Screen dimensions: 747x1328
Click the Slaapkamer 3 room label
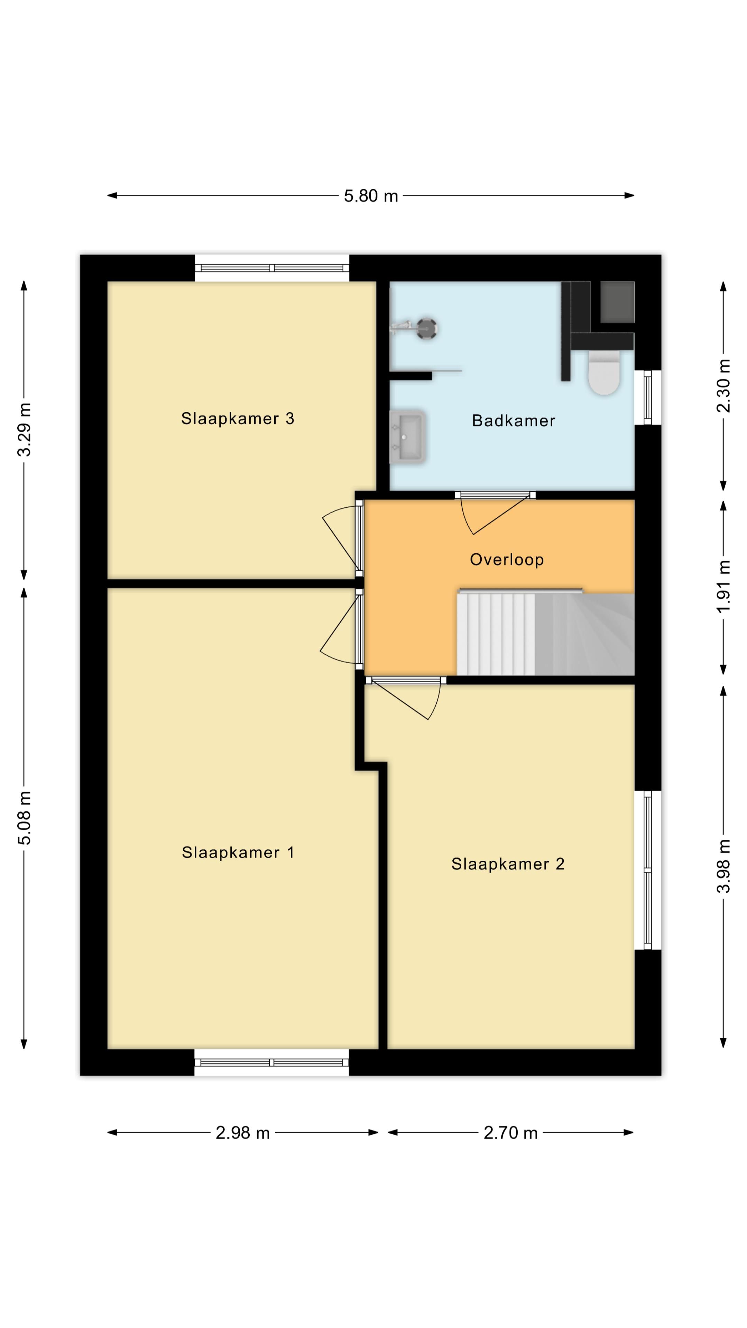pyautogui.click(x=238, y=418)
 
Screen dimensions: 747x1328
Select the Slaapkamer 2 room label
pyautogui.click(x=508, y=864)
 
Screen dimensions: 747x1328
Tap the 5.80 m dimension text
pyautogui.click(x=371, y=196)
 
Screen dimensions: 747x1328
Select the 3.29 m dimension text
pyautogui.click(x=24, y=430)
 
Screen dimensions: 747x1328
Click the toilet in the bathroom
pyautogui.click(x=604, y=372)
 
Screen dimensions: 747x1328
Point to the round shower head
pyautogui.click(x=427, y=328)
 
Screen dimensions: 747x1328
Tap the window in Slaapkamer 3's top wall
pyautogui.click(x=272, y=268)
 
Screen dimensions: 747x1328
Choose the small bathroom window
pyautogui.click(x=647, y=397)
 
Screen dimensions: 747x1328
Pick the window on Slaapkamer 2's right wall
pyautogui.click(x=647, y=870)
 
